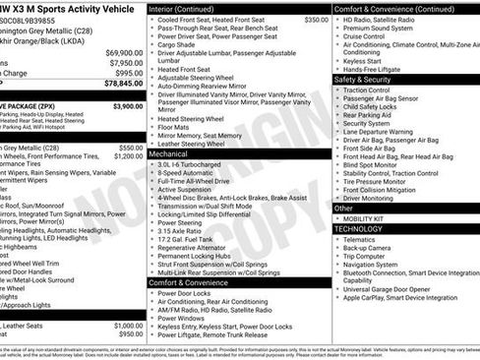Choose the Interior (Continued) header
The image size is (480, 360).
coord(183,8)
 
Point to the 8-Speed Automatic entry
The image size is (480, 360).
coord(188,173)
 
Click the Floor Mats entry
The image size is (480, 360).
coord(175,127)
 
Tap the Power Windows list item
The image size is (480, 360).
coord(181,318)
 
